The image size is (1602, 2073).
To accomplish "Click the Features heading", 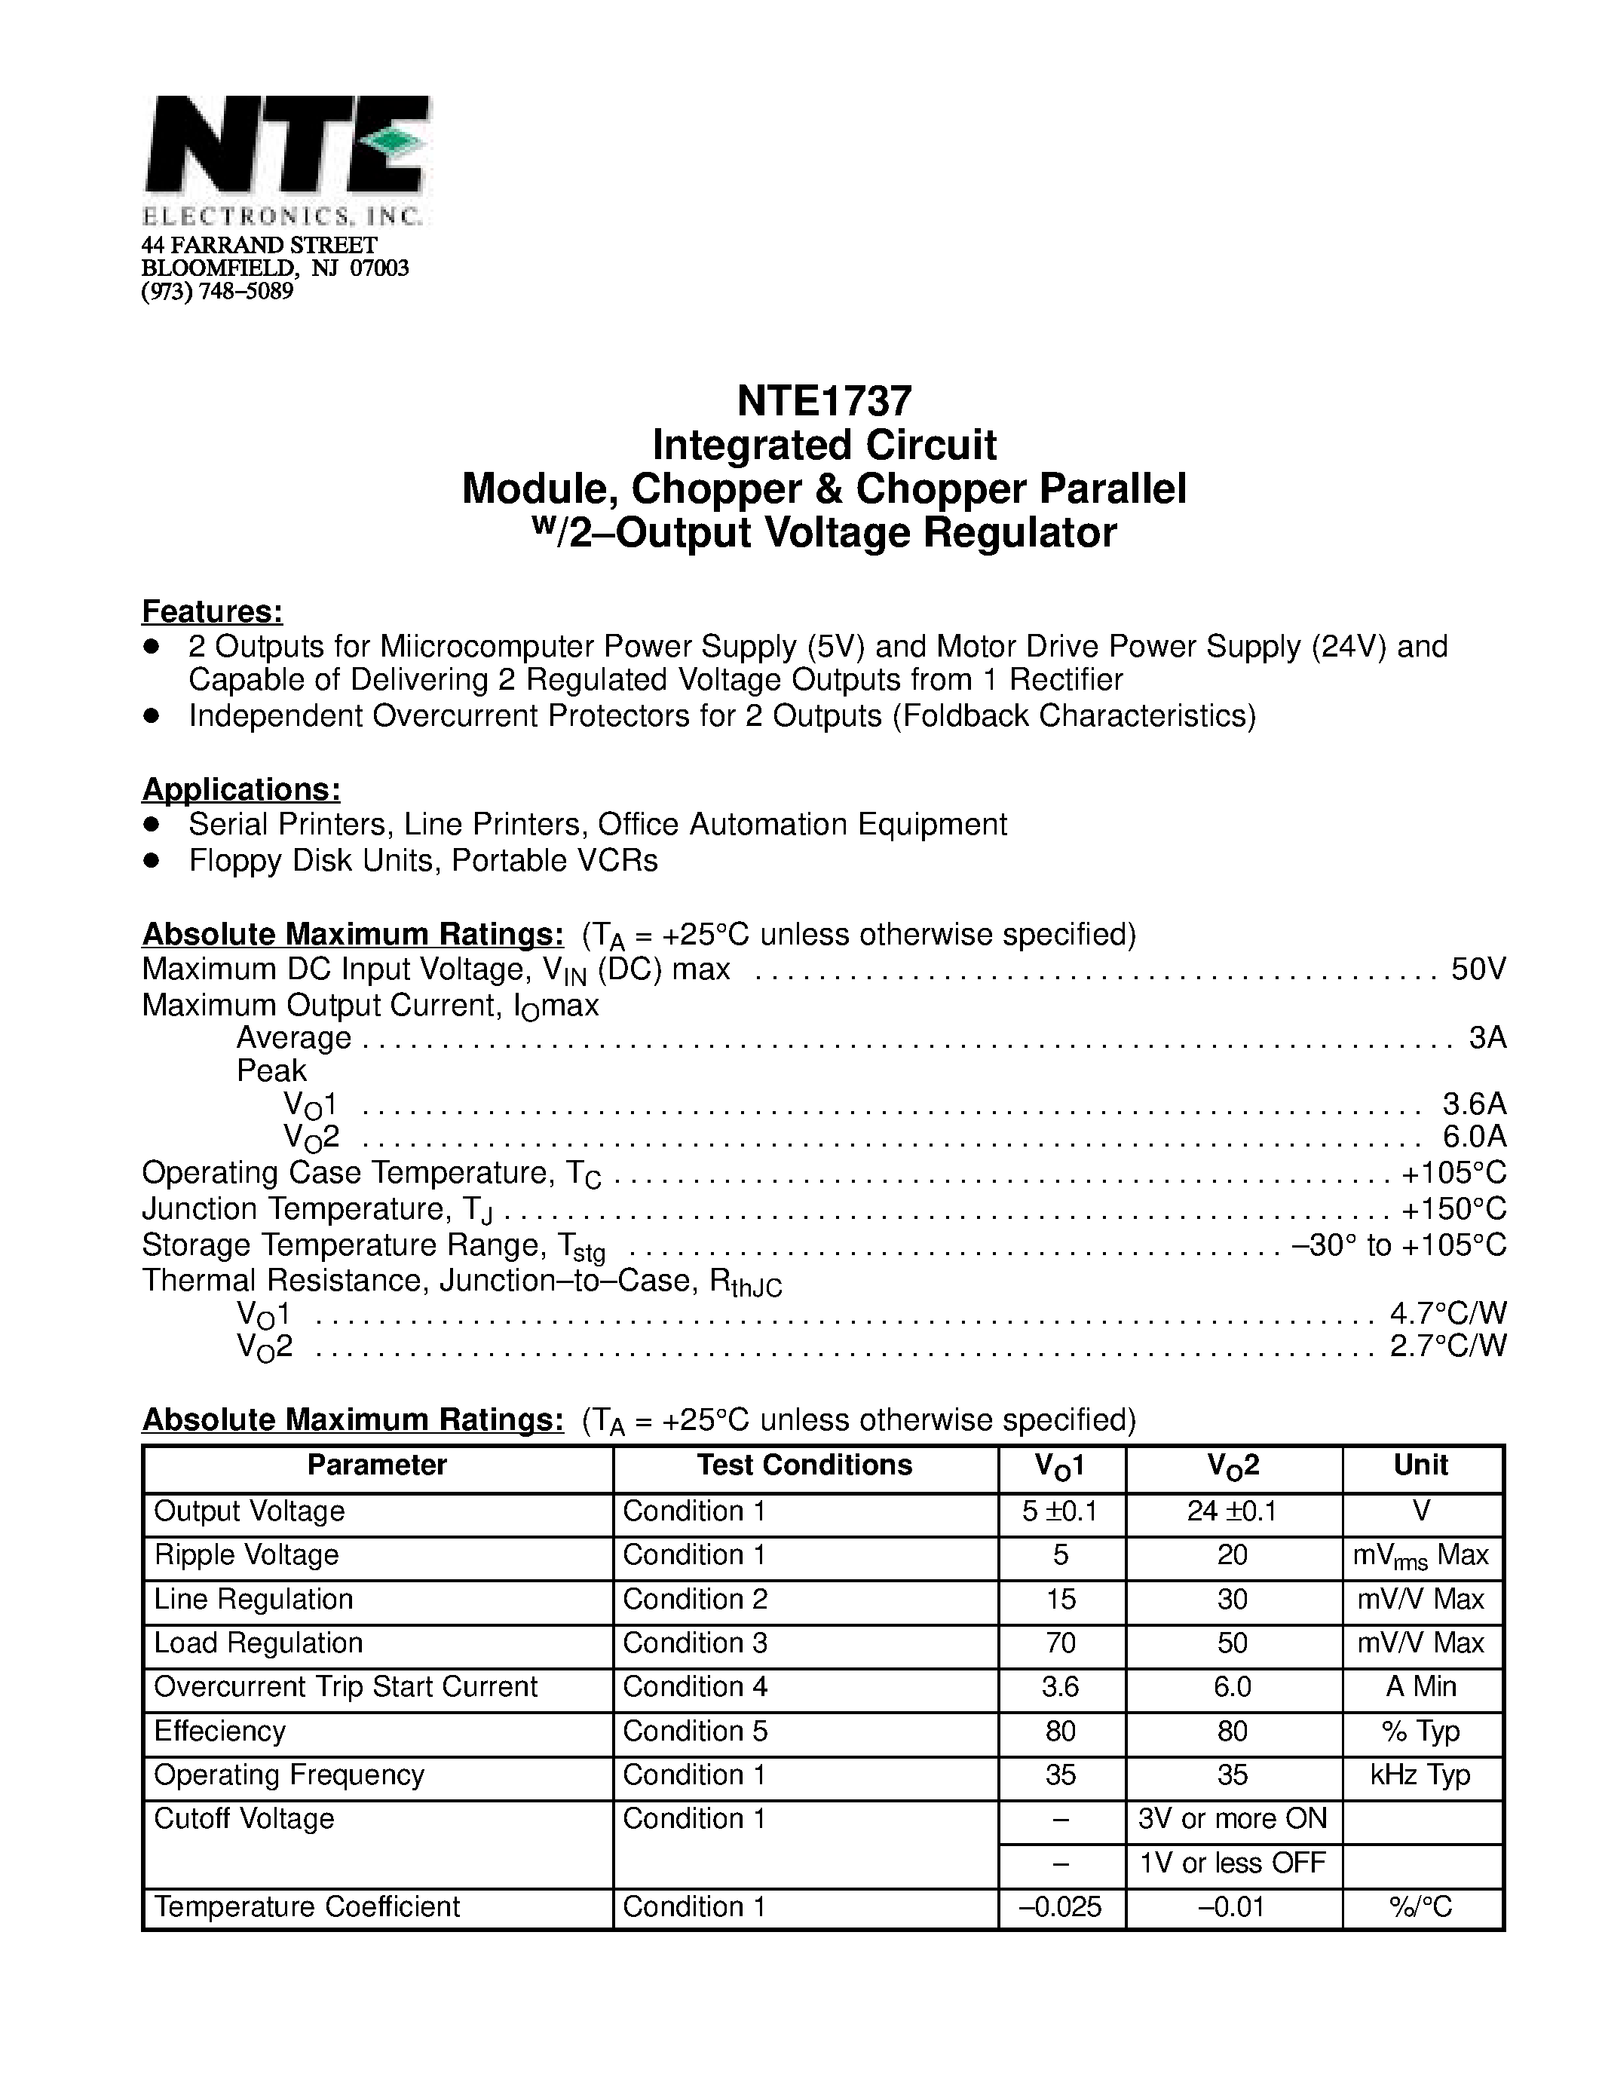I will (213, 611).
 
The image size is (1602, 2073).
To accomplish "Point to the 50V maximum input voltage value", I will (1478, 969).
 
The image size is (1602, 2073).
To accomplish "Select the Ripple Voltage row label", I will (246, 1554).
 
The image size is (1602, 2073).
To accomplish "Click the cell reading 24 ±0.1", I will (1232, 1511).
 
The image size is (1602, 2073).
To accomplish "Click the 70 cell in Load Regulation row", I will (1060, 1643).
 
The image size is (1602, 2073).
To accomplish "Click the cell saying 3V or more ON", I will (1232, 1819).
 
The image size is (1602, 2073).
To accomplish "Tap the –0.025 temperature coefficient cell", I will (1060, 1907).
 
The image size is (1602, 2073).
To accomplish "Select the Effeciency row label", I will (219, 1732).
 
